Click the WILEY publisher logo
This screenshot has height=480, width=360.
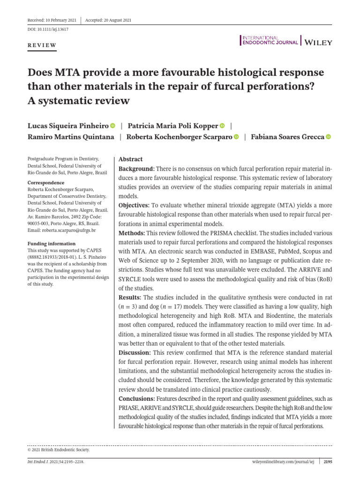[318, 42]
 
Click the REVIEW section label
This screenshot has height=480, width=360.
[42, 45]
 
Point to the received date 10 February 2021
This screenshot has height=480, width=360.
[52, 20]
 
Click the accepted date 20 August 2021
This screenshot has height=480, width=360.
[108, 20]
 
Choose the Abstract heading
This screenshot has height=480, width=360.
[131, 159]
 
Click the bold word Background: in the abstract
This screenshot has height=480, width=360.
[136, 168]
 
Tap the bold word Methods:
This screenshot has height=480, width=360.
[132, 233]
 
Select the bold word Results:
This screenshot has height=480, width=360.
[130, 298]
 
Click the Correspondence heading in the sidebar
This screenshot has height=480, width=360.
[46, 182]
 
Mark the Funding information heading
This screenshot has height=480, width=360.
[52, 244]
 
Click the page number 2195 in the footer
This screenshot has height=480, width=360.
[328, 462]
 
